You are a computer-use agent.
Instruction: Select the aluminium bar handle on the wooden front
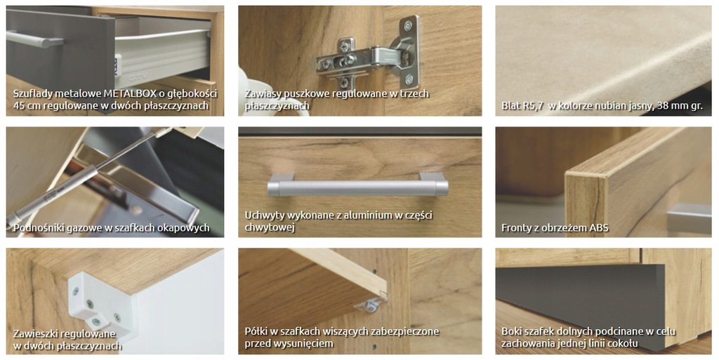[358, 185]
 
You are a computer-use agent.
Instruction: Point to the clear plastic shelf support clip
[371, 304]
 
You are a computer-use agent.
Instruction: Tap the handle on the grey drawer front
[34, 39]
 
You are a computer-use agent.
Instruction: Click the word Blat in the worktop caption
[510, 106]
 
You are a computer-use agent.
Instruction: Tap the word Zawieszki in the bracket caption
[35, 333]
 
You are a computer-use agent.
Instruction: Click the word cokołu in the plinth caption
[622, 343]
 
